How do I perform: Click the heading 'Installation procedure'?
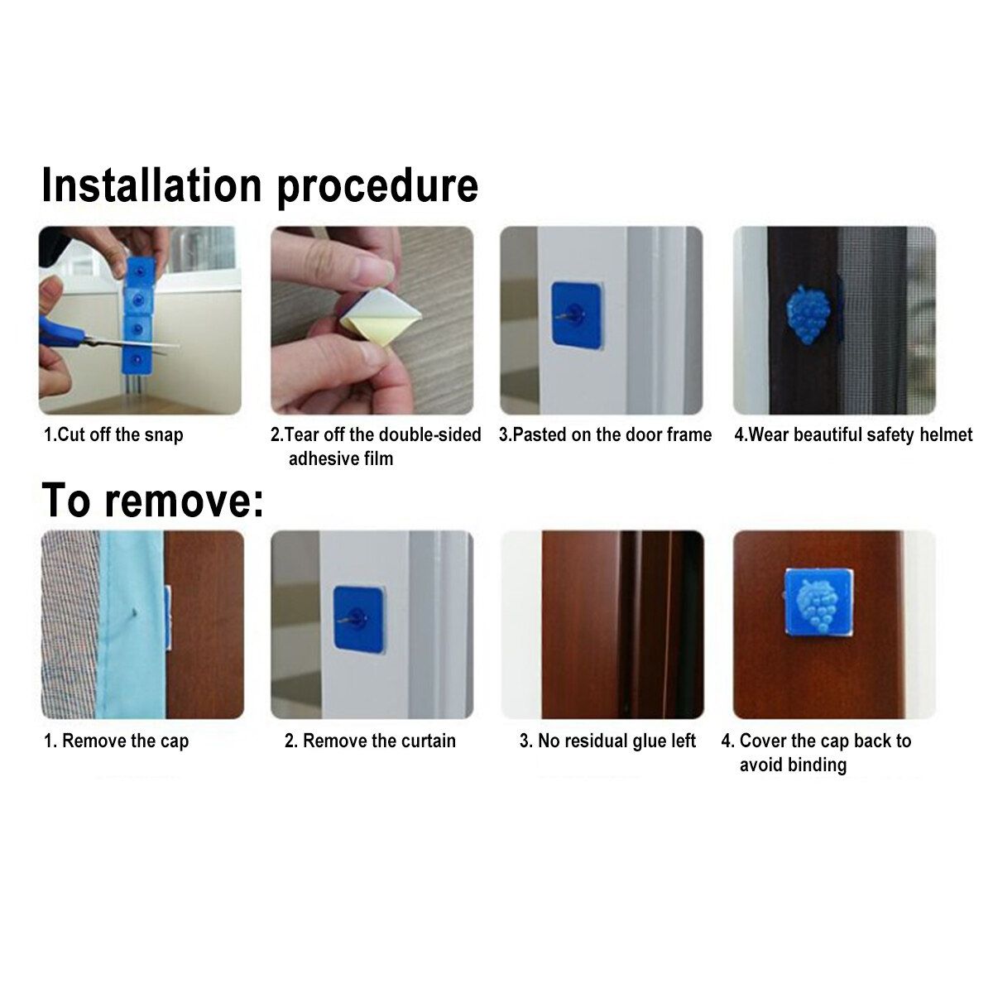coord(260,186)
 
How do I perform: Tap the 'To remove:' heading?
coord(152,501)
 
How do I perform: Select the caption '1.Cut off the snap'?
coord(113,435)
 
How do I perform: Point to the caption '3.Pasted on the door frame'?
coord(605,434)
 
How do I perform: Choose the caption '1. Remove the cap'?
coord(117,741)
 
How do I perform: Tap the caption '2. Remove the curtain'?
coord(370,741)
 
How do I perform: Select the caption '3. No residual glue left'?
coord(607,741)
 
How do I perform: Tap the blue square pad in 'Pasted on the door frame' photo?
coord(578,314)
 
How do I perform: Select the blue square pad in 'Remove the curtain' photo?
coord(359,620)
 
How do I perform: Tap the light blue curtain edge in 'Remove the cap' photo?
coord(132,625)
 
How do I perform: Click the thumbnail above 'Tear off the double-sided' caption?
coord(372,320)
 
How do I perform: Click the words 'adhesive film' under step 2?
coord(341,458)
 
